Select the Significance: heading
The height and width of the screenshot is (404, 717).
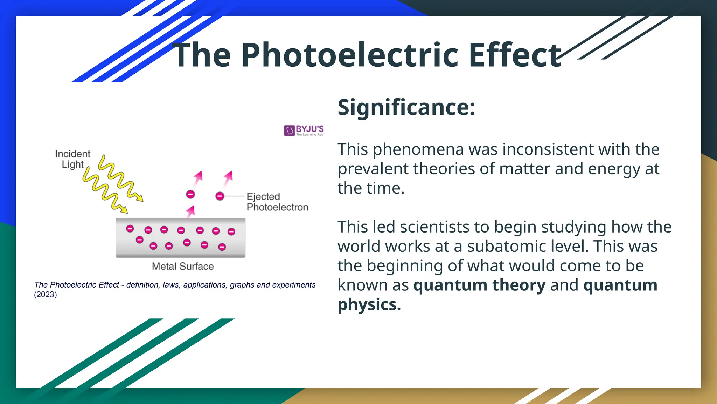(406, 107)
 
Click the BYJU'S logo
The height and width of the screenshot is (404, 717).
(304, 130)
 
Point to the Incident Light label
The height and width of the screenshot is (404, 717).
(72, 159)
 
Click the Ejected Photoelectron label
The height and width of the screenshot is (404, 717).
(277, 202)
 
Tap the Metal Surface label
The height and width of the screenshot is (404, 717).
(182, 267)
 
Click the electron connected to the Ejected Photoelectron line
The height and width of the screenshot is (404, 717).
(220, 196)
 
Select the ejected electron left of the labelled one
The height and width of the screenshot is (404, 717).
(190, 194)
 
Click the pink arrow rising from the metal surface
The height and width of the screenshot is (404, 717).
(190, 212)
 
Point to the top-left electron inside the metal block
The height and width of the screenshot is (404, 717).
(130, 229)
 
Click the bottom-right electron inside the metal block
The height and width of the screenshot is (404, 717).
(222, 247)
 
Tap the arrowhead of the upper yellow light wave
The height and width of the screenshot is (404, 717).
(140, 199)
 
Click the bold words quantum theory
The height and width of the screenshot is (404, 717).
(479, 285)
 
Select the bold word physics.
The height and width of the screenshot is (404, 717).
(369, 304)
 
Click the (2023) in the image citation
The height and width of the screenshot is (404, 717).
(46, 295)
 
